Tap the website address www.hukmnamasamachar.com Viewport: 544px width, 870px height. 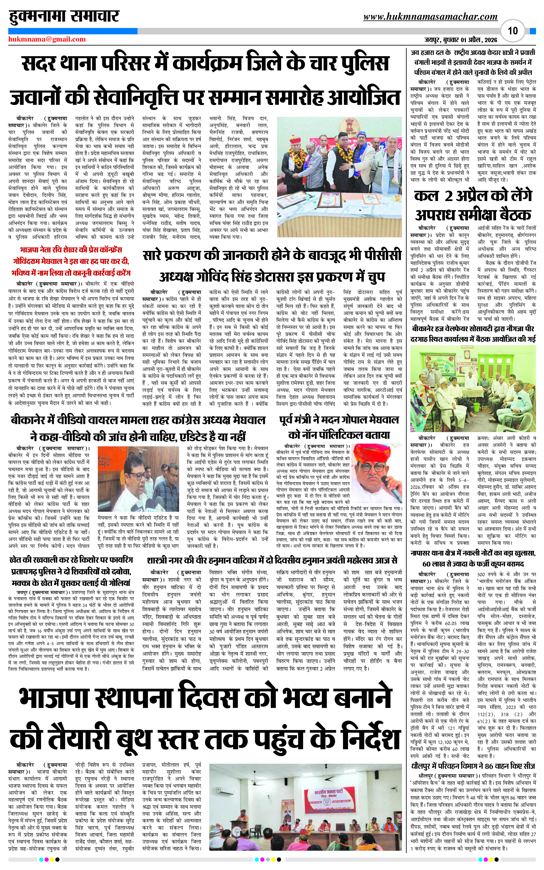(x=430, y=17)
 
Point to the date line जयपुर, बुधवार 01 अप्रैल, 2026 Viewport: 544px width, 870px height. (x=461, y=40)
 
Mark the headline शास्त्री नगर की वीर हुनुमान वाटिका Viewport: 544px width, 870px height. (x=272, y=561)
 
